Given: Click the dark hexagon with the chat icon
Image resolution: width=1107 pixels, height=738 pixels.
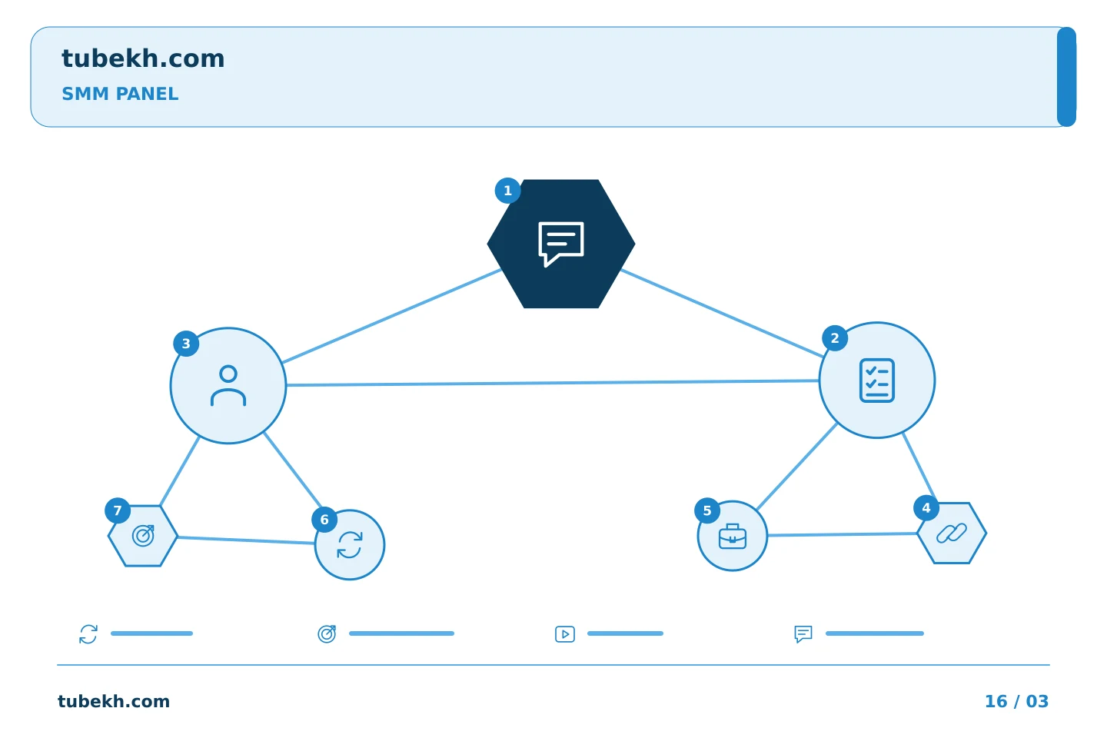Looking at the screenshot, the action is tap(561, 244).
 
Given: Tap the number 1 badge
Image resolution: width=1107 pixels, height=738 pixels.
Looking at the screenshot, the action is tap(507, 191).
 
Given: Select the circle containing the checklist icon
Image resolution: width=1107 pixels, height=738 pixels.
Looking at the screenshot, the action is tap(876, 380).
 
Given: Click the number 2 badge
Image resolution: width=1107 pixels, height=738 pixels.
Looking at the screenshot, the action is tap(835, 338).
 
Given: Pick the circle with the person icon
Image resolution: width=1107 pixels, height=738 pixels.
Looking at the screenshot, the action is tap(228, 386).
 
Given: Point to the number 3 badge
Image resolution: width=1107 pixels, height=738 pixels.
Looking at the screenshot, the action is tap(186, 344).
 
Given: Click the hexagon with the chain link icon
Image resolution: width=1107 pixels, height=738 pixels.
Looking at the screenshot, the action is tap(952, 534).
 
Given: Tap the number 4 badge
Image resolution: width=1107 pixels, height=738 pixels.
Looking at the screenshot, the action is tap(926, 507).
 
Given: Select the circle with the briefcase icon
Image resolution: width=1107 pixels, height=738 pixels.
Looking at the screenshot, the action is tap(733, 536).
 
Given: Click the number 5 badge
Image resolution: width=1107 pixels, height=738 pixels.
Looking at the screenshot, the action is tap(707, 510).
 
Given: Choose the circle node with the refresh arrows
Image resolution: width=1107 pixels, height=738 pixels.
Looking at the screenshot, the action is tap(349, 545).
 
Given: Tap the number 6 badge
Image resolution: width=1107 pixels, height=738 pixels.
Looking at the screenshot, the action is tap(324, 520).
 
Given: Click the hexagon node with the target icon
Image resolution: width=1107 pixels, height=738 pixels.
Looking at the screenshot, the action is tap(143, 536).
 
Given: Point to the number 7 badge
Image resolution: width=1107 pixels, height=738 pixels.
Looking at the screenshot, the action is tap(118, 510).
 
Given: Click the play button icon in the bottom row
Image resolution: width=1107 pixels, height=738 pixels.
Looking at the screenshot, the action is tap(565, 634).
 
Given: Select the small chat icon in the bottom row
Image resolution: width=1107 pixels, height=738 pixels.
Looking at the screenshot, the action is tap(803, 633).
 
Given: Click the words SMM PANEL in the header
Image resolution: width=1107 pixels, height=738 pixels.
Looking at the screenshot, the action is tap(120, 94).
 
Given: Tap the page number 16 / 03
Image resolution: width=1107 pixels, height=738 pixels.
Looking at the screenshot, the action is tap(1016, 701).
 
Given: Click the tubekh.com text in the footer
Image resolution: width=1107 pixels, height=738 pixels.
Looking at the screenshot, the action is tap(114, 701).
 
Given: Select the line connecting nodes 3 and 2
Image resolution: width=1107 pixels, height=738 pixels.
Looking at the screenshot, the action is tap(553, 383).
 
